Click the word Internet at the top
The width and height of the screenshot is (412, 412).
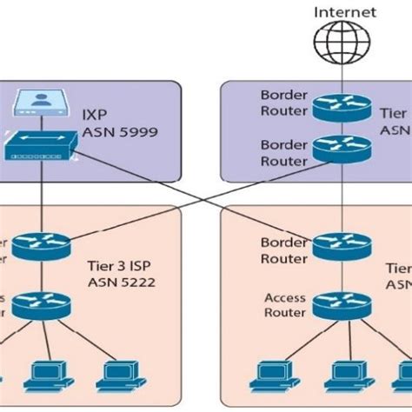pos(344,12)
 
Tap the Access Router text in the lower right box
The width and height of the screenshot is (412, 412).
pos(285,305)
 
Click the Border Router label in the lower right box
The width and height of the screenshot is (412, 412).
pos(284,250)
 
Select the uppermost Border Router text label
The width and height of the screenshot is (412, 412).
pos(283,102)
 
